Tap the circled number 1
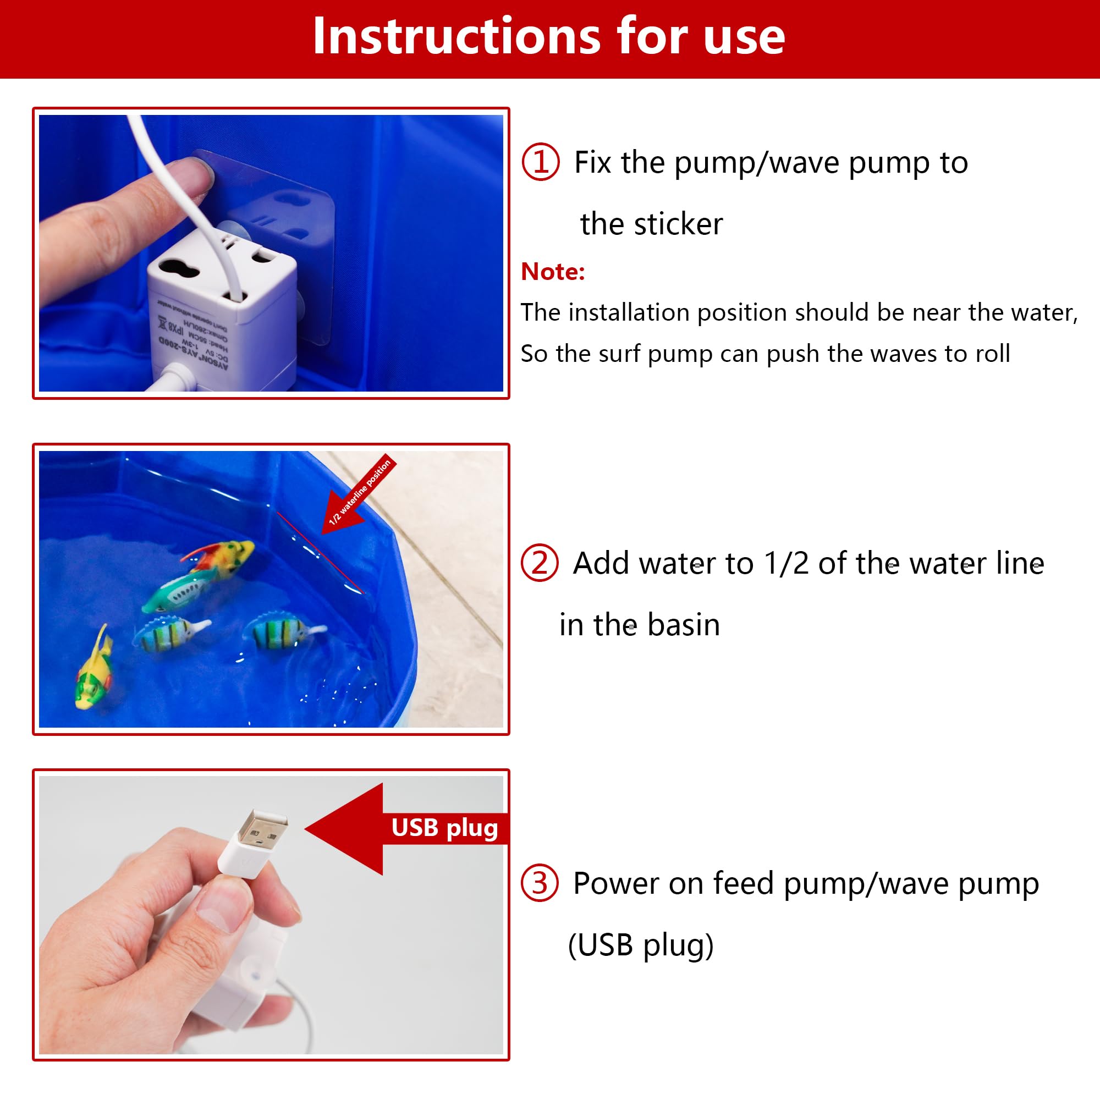coord(540,162)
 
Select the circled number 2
coord(539,563)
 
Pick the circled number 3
coord(539,883)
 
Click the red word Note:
coord(552,272)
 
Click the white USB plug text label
coord(444,828)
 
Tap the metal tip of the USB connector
coord(262,829)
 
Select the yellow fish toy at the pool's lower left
coord(94,673)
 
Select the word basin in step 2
coord(683,625)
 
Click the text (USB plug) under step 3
coord(641,945)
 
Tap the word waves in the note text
coord(905,354)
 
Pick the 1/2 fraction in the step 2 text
coord(787,563)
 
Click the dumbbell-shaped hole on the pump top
coord(179,268)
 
